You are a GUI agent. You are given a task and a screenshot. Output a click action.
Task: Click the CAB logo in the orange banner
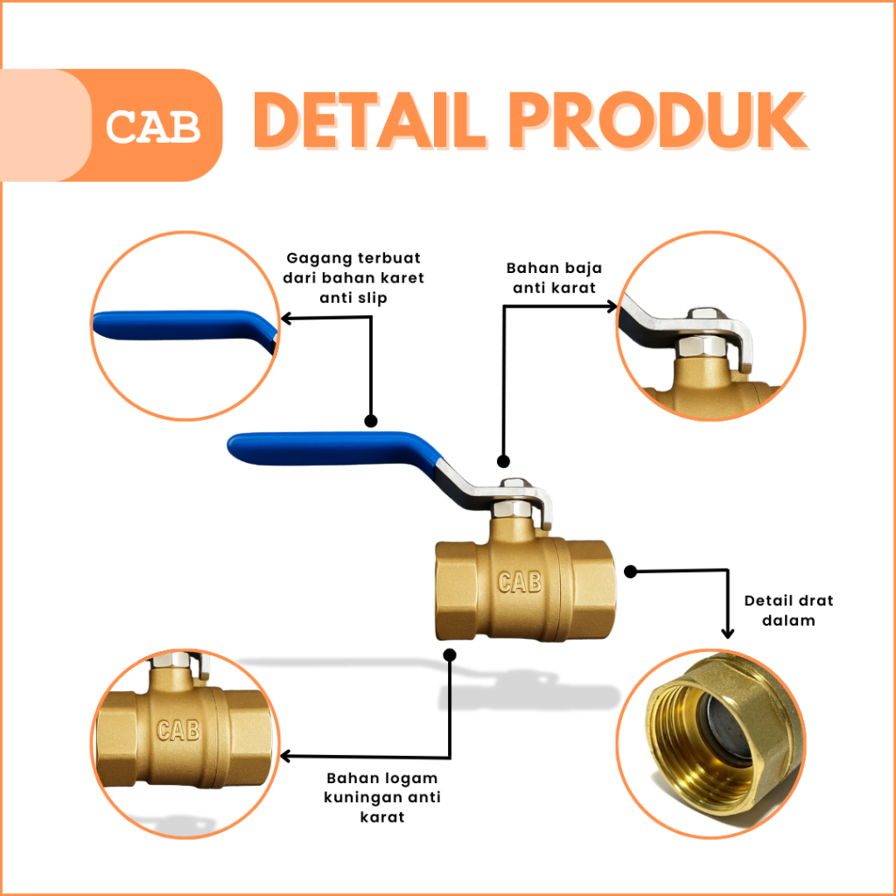coord(153,126)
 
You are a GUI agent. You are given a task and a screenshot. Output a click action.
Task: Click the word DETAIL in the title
coord(370,121)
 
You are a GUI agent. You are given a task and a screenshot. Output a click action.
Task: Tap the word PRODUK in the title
coord(657,121)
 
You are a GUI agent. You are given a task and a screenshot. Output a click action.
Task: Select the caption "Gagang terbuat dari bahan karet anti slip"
coord(353,277)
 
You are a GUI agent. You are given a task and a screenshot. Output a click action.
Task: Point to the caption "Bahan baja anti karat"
coord(554,277)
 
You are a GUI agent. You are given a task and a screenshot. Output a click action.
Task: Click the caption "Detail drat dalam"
coord(788,610)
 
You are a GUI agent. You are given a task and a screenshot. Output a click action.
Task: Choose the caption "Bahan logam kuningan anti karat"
coord(382,797)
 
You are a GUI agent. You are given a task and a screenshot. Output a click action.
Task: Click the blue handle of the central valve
coord(335,450)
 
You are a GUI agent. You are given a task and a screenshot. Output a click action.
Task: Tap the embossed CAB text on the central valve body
coord(520,582)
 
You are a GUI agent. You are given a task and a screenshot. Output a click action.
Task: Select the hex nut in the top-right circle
coord(702,345)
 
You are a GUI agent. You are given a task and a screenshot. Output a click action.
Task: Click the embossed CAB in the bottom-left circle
coord(178,730)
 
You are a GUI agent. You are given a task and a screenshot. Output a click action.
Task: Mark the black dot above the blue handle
coord(371,421)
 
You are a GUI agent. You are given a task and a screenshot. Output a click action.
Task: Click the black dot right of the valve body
coord(630,571)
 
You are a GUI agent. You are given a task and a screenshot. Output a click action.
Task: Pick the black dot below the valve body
coord(450,654)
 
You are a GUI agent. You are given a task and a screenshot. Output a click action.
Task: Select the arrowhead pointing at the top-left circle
coord(286,318)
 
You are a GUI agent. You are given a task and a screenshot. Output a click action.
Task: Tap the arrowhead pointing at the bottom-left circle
coord(286,756)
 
